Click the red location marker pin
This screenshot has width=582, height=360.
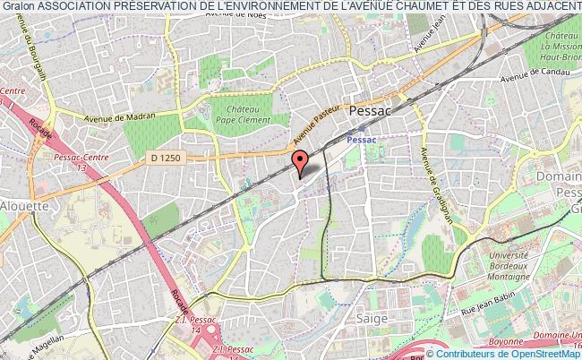[301, 163]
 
